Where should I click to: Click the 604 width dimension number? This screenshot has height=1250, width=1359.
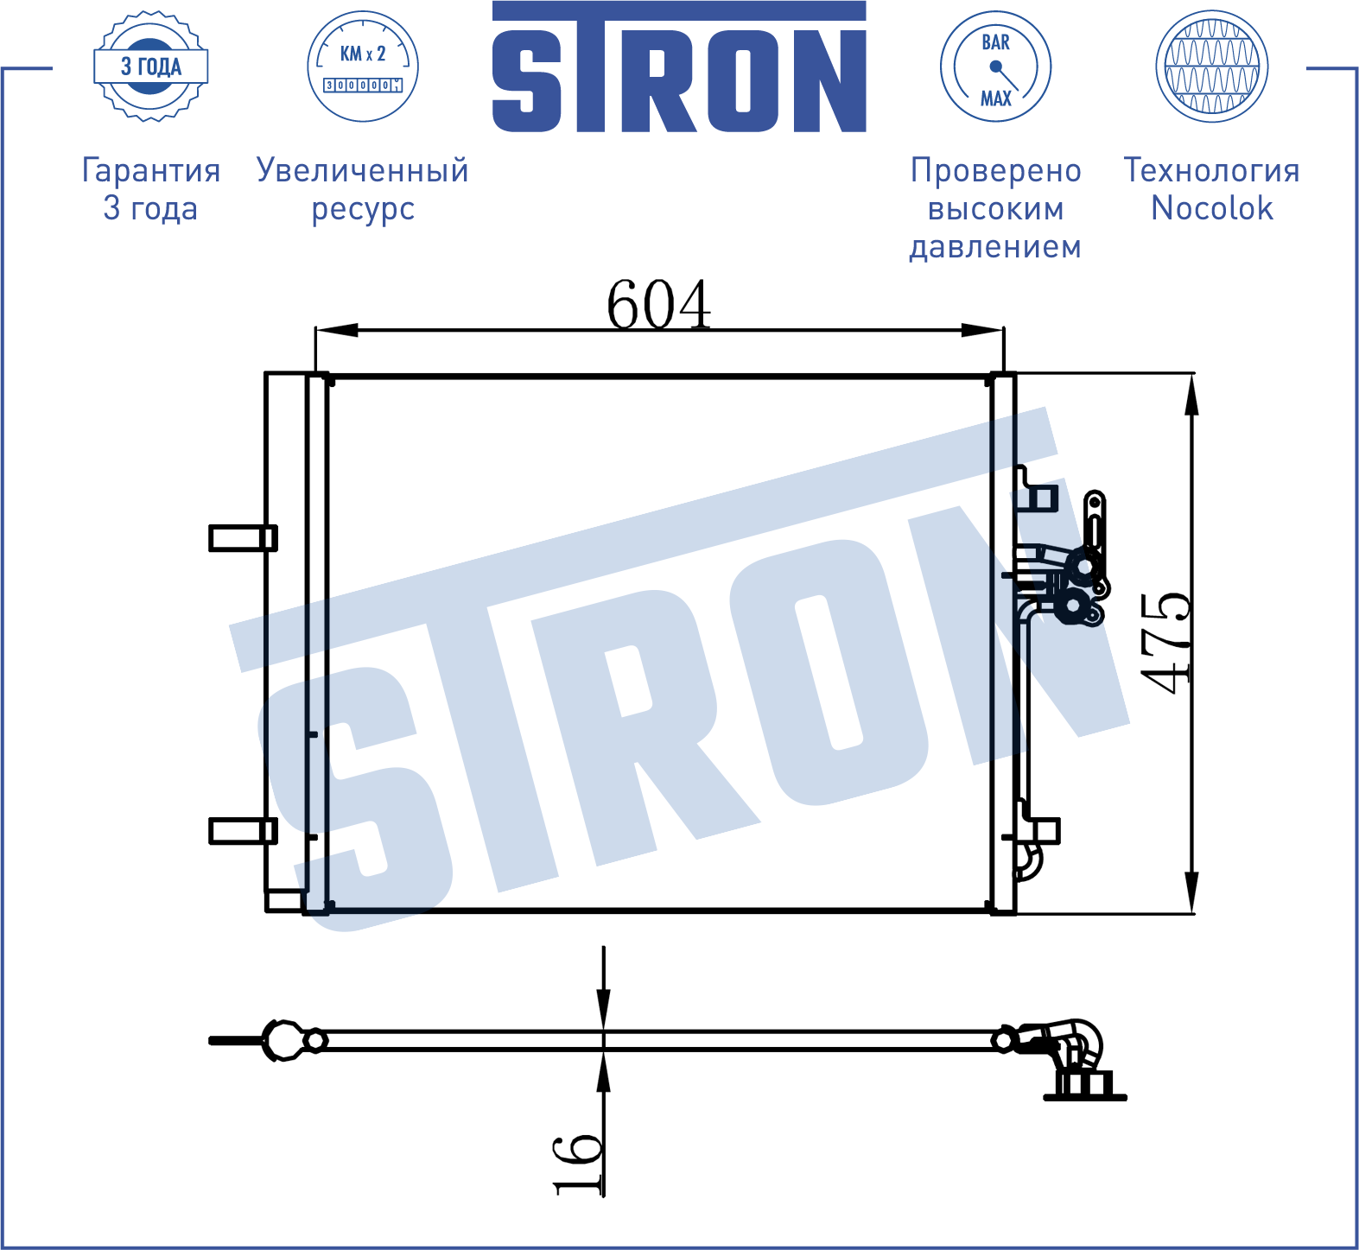point(658,304)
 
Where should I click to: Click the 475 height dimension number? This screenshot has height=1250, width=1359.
point(1165,644)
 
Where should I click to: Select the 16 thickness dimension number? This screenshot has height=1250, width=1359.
point(577,1164)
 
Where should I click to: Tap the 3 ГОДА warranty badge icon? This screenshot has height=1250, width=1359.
point(151,67)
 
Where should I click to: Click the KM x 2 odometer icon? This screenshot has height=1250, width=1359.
point(363,67)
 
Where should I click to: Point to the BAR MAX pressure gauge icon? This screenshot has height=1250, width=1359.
point(995,67)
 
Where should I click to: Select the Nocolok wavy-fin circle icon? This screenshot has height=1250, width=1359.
point(1212,67)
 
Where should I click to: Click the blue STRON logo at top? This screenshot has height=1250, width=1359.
point(679,67)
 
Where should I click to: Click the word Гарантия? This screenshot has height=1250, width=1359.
point(151,171)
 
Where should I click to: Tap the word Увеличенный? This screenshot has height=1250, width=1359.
point(363,170)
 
